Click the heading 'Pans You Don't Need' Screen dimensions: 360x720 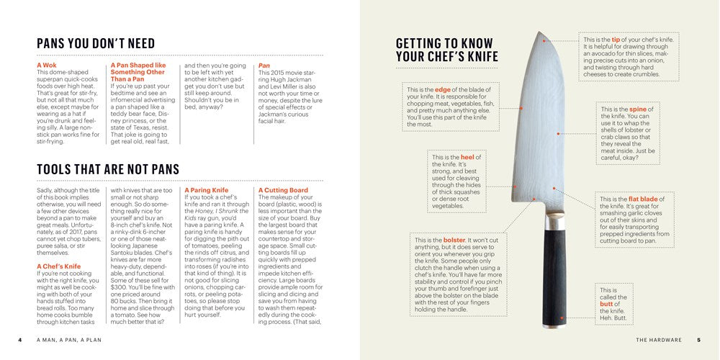pyautogui.click(x=96, y=43)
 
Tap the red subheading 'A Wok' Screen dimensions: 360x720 pyautogui.click(x=48, y=66)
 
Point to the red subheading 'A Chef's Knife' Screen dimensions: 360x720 pyautogui.click(x=65, y=266)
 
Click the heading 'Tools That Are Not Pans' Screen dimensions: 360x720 pyautogui.click(x=108, y=169)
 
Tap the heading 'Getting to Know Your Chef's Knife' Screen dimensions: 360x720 pyautogui.click(x=447, y=50)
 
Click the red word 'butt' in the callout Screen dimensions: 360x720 pyautogui.click(x=606, y=304)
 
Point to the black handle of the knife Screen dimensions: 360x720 pyautogui.click(x=554, y=281)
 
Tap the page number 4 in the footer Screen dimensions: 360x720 pyautogui.click(x=19, y=340)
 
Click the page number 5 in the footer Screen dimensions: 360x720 pyautogui.click(x=698, y=340)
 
